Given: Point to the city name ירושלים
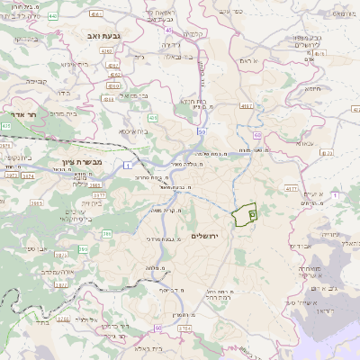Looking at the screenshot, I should [x=208, y=235].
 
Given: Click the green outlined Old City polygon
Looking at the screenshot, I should [x=244, y=216].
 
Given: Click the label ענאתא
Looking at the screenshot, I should [x=303, y=141].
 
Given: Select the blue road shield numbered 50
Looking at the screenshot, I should [x=201, y=132].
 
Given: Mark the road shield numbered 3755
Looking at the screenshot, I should [x=184, y=329].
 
